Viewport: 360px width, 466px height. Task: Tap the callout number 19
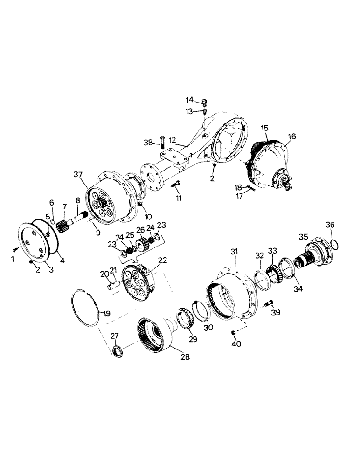point(106,314)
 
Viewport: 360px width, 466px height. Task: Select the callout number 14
point(190,100)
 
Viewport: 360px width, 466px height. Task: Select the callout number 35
point(304,237)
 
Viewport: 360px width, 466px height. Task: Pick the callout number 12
point(173,139)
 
